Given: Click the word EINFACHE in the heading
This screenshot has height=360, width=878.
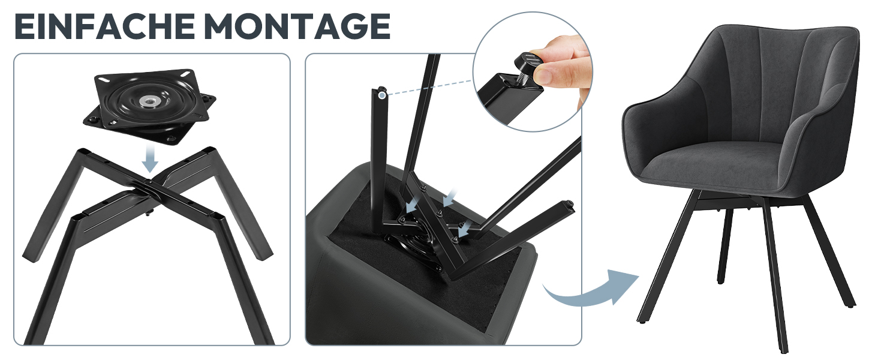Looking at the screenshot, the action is [x=105, y=26].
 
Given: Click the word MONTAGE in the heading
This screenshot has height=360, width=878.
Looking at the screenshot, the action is [x=297, y=26].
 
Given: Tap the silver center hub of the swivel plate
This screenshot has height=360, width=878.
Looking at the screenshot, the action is [x=149, y=101].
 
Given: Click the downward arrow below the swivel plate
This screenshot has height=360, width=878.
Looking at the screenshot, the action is [x=150, y=158].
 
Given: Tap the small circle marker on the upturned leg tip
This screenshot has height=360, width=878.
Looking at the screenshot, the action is [x=381, y=94].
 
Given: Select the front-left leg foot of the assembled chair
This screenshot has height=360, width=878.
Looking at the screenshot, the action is [x=642, y=320].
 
